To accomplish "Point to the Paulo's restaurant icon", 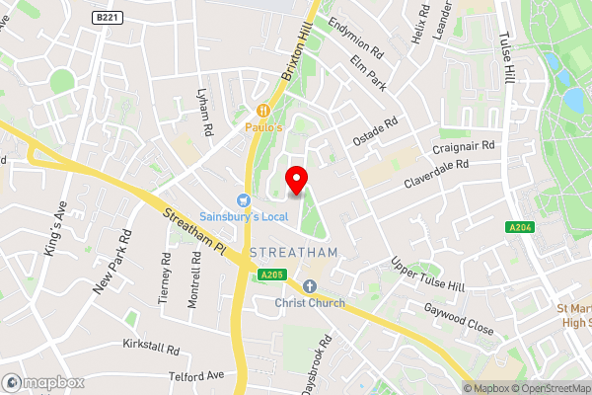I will [264, 111].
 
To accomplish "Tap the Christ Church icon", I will [309, 286].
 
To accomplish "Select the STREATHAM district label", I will [294, 253].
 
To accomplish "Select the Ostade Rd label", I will [376, 130].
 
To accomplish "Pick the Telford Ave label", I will [196, 375].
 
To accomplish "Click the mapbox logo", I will [42, 382].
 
